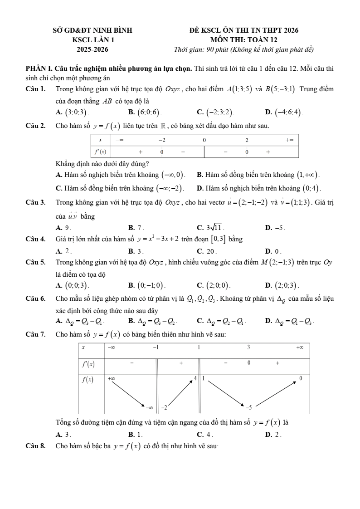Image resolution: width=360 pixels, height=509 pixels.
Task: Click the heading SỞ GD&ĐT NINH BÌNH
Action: [x=92, y=30]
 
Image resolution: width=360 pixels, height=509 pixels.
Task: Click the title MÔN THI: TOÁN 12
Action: [x=244, y=39]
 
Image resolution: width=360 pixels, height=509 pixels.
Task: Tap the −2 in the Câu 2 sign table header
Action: [x=162, y=140]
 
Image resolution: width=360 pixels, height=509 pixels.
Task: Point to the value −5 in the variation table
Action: [x=248, y=407]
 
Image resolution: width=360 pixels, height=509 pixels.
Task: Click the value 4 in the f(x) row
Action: [x=195, y=378]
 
